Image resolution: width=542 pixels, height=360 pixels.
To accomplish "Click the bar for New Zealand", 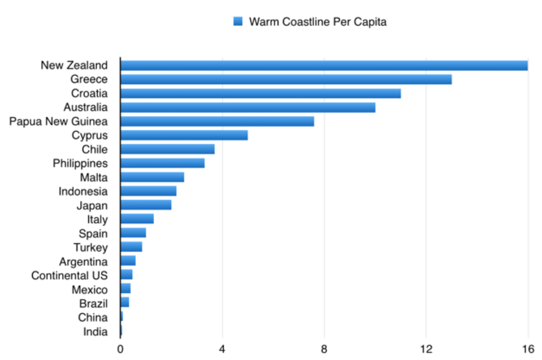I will (324, 65).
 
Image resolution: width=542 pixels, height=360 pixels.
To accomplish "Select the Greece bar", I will (286, 79).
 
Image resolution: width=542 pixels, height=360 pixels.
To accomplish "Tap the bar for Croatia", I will (261, 93).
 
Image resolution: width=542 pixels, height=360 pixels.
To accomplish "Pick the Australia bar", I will (248, 107).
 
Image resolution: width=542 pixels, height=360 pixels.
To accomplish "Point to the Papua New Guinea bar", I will (217, 121).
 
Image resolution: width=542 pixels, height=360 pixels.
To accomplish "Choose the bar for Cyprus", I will (184, 135).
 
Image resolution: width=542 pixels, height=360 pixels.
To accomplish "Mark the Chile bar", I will (167, 149).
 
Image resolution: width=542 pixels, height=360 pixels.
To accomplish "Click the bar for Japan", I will (146, 205).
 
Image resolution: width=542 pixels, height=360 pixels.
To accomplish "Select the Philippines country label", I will (80, 163).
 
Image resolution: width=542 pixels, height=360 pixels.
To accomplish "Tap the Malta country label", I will (94, 177).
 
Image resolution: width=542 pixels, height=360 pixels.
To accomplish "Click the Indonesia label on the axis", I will (83, 191).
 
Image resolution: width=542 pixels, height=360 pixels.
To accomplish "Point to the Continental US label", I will (70, 275).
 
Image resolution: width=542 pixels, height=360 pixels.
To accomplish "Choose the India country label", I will (96, 331).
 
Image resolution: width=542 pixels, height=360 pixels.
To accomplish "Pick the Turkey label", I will (91, 247).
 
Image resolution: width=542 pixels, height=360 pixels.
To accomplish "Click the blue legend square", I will (238, 22).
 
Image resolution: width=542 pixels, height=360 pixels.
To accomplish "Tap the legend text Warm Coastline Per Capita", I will (318, 22).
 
